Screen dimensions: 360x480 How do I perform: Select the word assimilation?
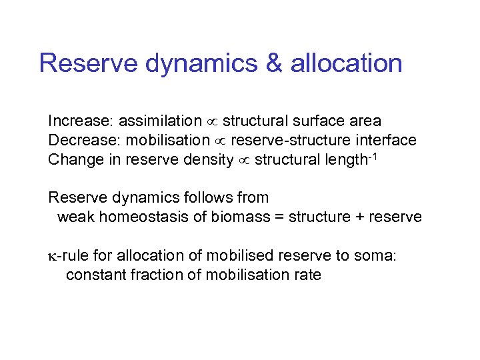click(160, 121)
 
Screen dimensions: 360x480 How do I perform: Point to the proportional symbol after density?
click(244, 161)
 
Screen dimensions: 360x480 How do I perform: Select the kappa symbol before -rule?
click(52, 256)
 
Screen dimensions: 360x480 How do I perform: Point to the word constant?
click(94, 275)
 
